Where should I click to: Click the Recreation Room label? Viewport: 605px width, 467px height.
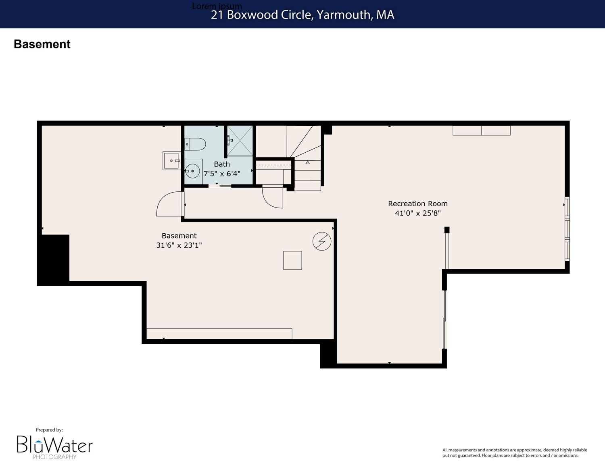(417, 203)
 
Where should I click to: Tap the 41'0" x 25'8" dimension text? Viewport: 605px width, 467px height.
(417, 213)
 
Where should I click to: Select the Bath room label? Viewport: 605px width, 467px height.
(221, 164)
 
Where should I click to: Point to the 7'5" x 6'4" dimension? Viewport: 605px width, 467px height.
(221, 174)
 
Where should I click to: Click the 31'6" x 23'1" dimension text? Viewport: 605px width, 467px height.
(179, 245)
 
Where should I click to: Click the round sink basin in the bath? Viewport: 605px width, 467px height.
(193, 171)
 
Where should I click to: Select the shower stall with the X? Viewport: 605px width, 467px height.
(240, 141)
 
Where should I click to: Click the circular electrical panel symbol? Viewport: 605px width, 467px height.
(322, 241)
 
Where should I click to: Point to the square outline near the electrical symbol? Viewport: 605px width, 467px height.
(292, 260)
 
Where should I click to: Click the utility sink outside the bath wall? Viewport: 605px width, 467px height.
(171, 160)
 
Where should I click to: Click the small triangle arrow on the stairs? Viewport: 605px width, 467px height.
(308, 162)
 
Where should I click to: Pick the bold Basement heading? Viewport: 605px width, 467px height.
(42, 44)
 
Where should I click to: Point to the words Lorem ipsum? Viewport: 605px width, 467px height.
(217, 6)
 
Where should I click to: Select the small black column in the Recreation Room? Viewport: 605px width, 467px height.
(447, 230)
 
